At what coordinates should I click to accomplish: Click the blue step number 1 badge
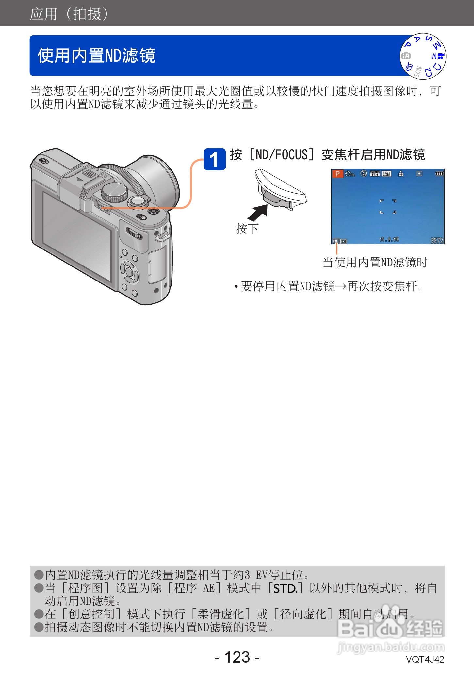point(215,159)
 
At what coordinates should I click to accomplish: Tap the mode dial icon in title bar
point(423,56)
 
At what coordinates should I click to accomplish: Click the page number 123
point(237,657)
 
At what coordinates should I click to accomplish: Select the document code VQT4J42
point(425,659)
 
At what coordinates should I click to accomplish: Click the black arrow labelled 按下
point(258,213)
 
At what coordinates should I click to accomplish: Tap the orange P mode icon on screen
point(337,174)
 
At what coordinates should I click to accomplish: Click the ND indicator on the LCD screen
point(336,241)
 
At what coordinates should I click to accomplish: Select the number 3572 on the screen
point(436,241)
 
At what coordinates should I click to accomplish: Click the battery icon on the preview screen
point(439,174)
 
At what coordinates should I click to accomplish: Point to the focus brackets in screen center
point(388,206)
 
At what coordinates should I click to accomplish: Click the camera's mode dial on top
point(114,192)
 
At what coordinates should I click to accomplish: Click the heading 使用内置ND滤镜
point(96,55)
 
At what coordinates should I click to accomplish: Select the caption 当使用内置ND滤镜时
point(375,262)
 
